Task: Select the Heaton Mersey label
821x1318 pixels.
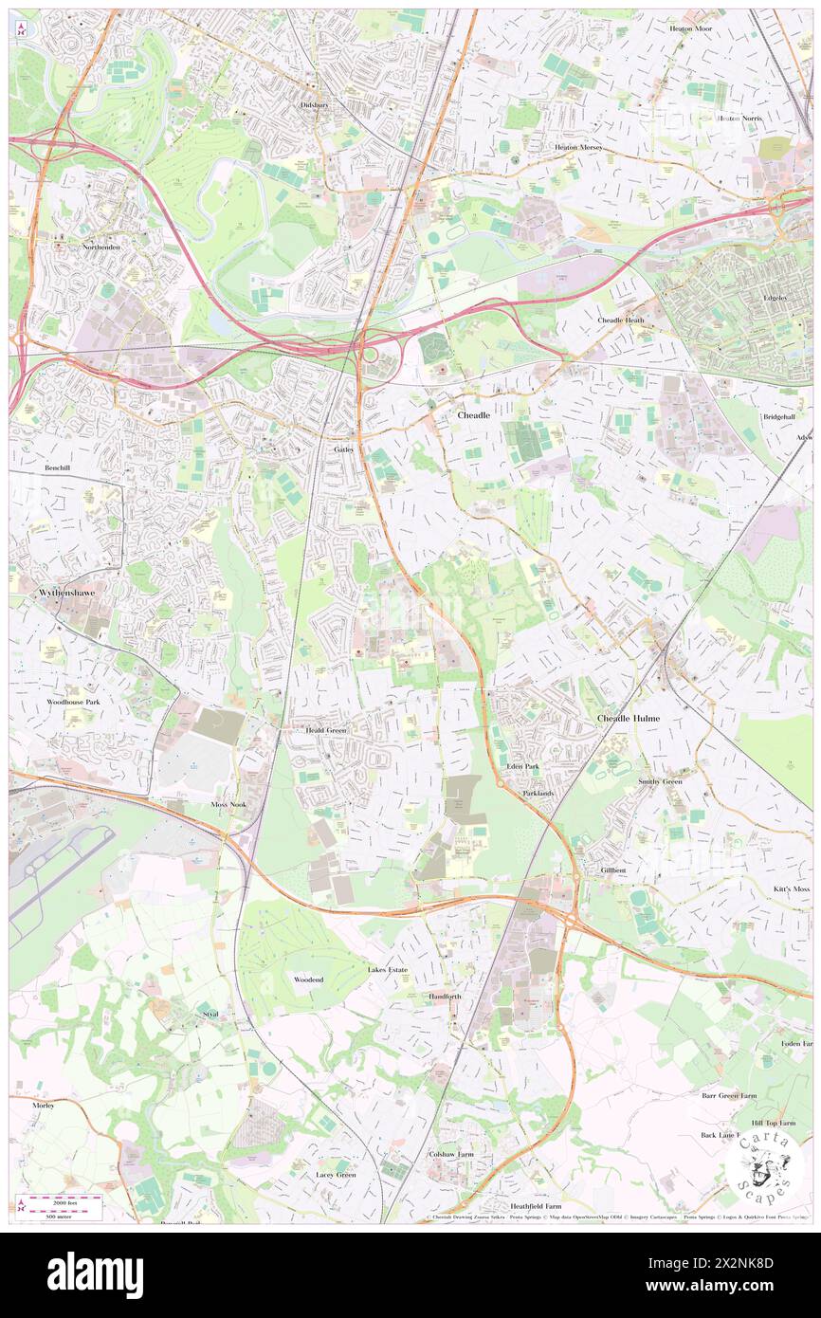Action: [578, 148]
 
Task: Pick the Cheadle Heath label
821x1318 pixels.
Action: [621, 320]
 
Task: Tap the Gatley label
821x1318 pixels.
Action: [343, 449]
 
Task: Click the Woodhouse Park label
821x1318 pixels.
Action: [73, 702]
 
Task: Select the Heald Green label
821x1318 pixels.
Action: [325, 731]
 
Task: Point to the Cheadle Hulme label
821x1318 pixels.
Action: [627, 719]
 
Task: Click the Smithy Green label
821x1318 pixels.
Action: [660, 781]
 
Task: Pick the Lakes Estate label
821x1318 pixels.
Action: [388, 970]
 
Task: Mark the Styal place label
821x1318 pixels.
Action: [210, 1014]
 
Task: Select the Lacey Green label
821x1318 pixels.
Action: [336, 1175]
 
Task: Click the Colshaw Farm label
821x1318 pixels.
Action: [450, 1154]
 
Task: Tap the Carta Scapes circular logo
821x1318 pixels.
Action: [765, 1168]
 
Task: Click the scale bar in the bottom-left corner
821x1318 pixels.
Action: [62, 1200]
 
